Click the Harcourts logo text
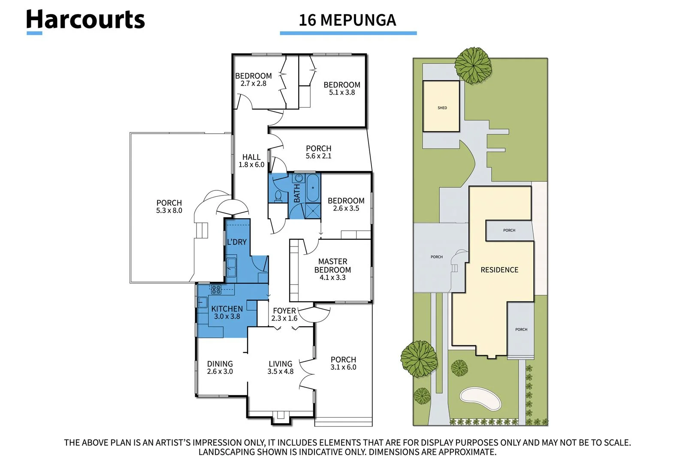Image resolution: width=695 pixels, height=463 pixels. tap(85, 20)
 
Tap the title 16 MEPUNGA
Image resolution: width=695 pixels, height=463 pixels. tap(347, 20)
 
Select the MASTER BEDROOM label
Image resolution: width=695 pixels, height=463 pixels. tap(332, 266)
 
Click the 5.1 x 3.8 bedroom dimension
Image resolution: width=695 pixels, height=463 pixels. tap(342, 93)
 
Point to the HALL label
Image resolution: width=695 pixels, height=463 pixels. tap(251, 157)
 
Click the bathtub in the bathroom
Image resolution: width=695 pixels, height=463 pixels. tap(313, 188)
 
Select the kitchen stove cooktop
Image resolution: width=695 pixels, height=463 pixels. tap(216, 289)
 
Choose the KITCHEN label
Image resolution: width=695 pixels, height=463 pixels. tap(227, 309)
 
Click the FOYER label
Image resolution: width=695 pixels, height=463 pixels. tap(284, 311)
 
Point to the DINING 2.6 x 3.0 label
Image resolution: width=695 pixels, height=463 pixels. tap(220, 368)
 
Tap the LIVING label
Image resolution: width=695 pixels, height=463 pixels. tap(280, 364)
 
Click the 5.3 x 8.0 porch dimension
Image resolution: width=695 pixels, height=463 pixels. tap(169, 210)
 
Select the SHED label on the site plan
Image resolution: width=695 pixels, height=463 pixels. tap(442, 108)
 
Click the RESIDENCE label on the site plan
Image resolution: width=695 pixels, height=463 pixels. tap(499, 270)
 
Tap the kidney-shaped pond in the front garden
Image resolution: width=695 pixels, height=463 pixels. tap(480, 399)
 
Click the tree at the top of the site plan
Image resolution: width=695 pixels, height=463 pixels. tap(473, 65)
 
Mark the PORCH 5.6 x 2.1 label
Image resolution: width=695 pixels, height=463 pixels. tap(318, 152)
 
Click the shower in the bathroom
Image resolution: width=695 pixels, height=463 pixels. tap(313, 211)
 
